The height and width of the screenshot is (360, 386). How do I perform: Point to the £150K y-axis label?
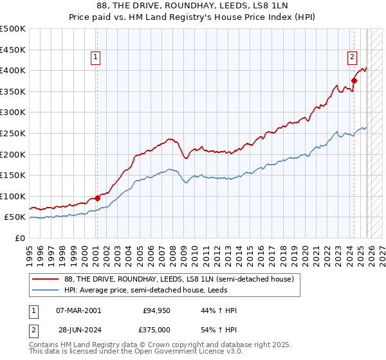tap(13, 175)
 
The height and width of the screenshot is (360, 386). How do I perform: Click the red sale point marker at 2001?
tap(97, 198)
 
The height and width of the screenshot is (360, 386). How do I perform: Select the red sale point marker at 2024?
tap(354, 80)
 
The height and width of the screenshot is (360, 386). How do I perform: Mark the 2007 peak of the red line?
tap(169, 138)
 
